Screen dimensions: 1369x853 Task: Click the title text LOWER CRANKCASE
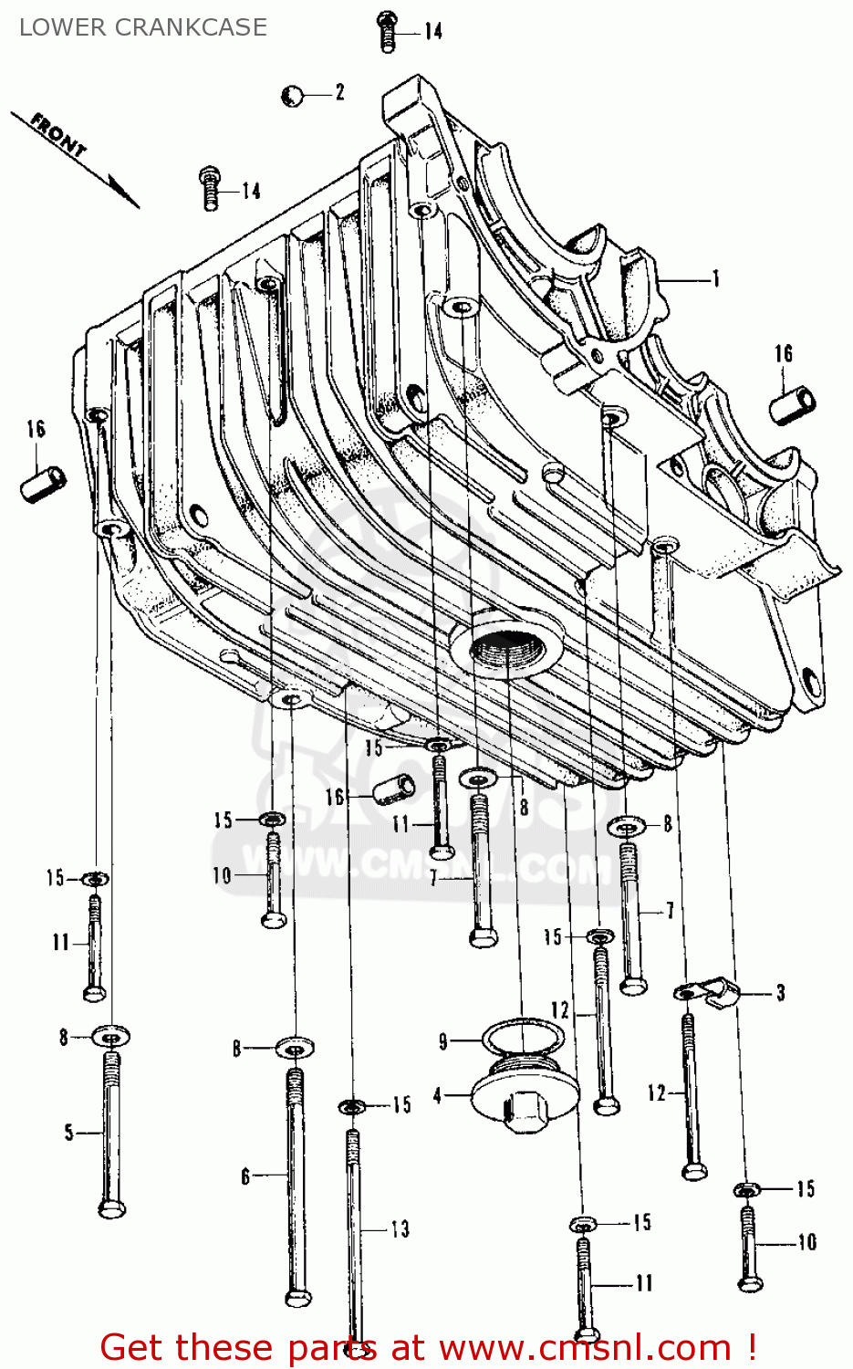143,27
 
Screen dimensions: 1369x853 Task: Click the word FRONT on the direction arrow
58,135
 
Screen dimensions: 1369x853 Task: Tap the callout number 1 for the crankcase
716,278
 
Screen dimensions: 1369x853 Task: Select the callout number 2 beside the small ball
339,92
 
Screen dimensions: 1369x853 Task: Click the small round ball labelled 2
292,95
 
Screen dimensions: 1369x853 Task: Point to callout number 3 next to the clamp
780,992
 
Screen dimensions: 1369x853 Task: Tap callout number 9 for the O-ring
443,1041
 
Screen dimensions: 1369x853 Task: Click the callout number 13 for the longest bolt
400,1229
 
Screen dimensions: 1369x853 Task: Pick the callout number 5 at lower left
68,1133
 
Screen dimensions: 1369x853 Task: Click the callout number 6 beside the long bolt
244,1176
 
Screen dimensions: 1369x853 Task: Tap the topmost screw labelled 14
387,31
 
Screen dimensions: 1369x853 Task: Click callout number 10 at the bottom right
806,1242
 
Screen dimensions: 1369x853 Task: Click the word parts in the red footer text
334,1347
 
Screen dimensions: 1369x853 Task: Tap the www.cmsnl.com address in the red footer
585,1347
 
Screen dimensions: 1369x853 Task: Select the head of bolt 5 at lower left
111,1207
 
